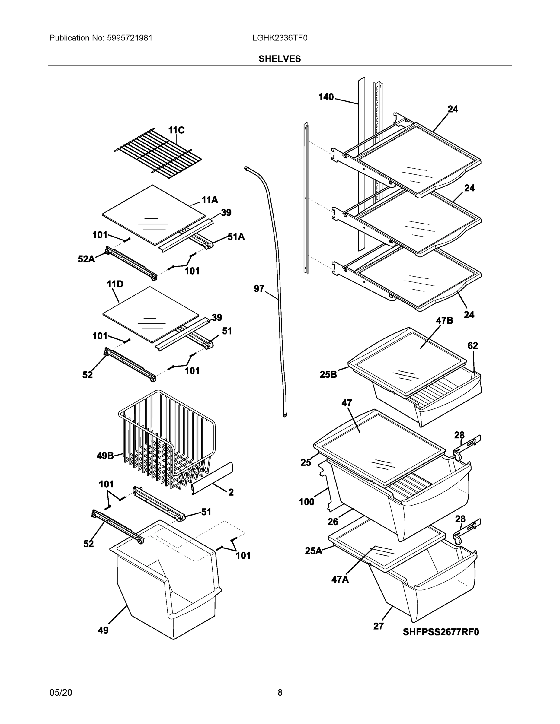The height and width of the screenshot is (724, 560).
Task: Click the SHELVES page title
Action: pos(279,59)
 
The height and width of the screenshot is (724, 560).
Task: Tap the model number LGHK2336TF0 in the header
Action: pos(279,38)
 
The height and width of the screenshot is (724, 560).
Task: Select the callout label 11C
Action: pos(176,130)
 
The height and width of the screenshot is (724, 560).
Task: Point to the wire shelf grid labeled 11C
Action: pos(158,151)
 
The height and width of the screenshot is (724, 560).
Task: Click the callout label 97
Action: pos(259,289)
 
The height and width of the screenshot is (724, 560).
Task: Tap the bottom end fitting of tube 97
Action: pos(285,414)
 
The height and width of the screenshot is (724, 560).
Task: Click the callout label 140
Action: pos(326,97)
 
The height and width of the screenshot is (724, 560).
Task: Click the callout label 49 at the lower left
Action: pos(103,630)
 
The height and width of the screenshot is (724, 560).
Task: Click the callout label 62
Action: pos(472,345)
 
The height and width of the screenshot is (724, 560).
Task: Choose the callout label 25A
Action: pos(313,551)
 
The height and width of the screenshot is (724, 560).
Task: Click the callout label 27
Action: pos(378,626)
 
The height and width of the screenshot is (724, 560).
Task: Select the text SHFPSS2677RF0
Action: pos(440,632)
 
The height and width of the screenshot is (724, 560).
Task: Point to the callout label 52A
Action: pos(86,259)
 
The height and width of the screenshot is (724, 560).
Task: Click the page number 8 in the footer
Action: pos(280,692)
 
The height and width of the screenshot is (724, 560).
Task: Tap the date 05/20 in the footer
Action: pos(61,692)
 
